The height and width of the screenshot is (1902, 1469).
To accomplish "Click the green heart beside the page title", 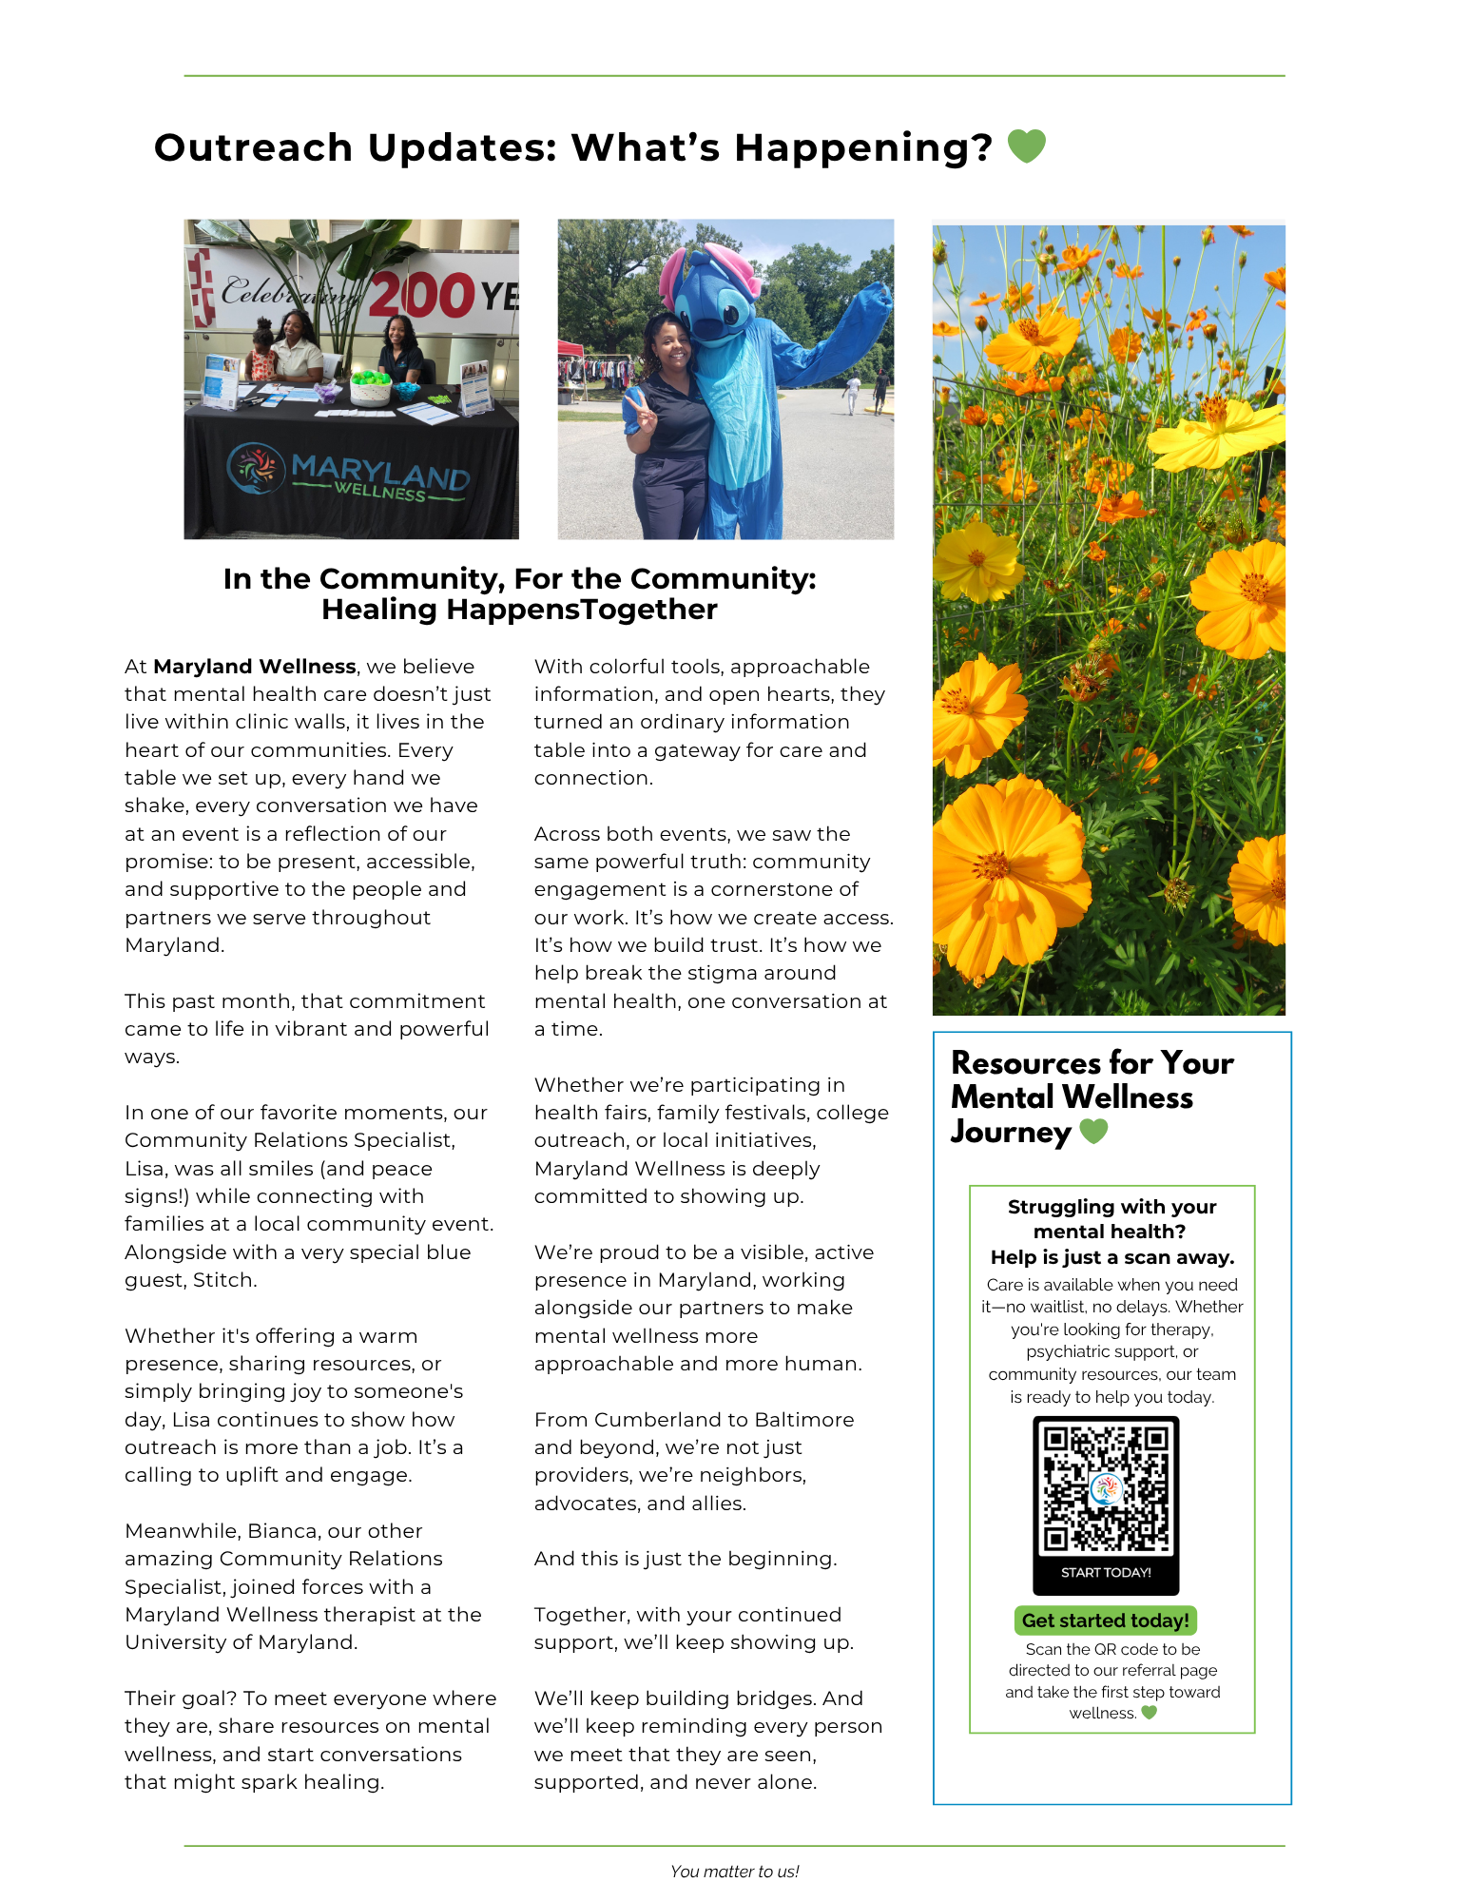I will click(x=1026, y=146).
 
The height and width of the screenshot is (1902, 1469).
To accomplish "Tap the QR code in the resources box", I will click(x=1106, y=1488).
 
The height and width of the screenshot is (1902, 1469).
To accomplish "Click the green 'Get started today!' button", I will click(x=1105, y=1621).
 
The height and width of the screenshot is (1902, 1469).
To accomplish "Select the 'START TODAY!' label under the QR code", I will click(x=1106, y=1573).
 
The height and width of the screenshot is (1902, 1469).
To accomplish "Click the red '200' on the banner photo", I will click(x=421, y=295).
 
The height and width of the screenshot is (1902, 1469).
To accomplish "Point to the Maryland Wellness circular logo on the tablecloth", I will click(x=256, y=468).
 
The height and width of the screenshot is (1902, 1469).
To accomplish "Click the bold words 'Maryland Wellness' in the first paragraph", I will click(x=255, y=667).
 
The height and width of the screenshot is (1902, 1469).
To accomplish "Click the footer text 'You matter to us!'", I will click(x=734, y=1872).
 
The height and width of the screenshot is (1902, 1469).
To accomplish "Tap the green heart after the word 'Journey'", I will click(x=1093, y=1132).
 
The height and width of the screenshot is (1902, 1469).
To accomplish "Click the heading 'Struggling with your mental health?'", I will click(x=1111, y=1219).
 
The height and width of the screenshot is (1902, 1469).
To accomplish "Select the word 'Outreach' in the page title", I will click(x=254, y=147).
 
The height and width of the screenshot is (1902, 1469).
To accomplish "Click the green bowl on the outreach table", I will click(x=371, y=388).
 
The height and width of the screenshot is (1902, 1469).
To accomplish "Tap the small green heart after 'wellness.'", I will click(x=1149, y=1713).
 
